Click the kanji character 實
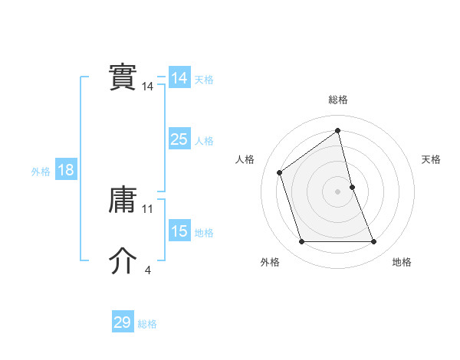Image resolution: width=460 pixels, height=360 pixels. (123, 78)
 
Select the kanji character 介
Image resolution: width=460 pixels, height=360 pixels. (123, 262)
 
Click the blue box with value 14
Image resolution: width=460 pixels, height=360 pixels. (179, 78)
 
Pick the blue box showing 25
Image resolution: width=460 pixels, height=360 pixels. (179, 139)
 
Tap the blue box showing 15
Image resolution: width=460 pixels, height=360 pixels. (179, 231)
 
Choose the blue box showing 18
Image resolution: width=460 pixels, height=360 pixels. (66, 170)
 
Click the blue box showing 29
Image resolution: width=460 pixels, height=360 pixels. (123, 322)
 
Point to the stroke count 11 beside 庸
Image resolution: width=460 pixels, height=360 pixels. (148, 208)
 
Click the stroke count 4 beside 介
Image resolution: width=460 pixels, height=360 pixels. (147, 270)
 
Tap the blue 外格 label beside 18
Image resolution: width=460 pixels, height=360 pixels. (41, 172)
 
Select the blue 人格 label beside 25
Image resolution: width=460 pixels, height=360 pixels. (204, 141)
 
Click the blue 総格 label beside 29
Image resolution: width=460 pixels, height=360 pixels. (147, 324)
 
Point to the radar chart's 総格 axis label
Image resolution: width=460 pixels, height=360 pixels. (338, 100)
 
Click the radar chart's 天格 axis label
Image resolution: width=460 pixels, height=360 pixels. (431, 159)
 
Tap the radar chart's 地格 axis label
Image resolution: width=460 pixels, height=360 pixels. (402, 263)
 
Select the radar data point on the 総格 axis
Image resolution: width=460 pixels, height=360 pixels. (338, 130)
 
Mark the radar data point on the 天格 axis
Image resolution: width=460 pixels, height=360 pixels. (352, 186)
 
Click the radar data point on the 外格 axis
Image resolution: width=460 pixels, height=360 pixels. (301, 242)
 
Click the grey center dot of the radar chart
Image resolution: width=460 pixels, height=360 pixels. (338, 191)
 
